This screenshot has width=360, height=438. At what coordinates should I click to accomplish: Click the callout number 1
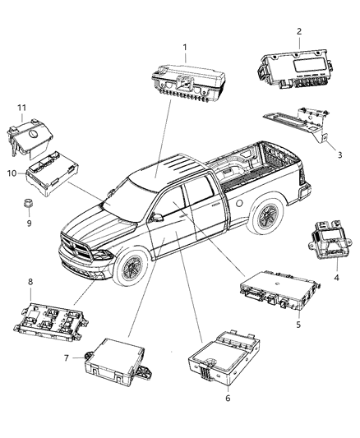pos(184,47)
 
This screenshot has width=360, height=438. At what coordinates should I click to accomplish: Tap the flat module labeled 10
pos(53,173)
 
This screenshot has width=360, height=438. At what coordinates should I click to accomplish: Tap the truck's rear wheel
pos(265,217)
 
